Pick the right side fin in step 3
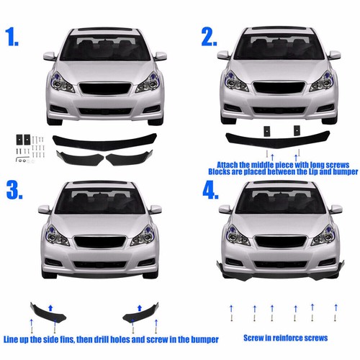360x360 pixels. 142,310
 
